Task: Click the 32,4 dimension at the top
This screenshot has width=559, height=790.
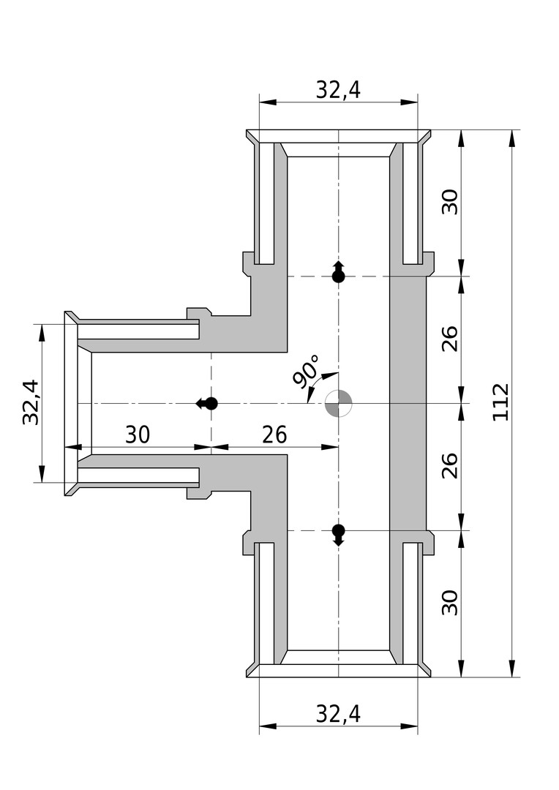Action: (x=338, y=89)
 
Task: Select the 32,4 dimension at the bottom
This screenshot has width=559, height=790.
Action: (x=338, y=713)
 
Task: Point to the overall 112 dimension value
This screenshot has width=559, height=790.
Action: (x=501, y=402)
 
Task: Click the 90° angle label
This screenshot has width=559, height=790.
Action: (x=307, y=370)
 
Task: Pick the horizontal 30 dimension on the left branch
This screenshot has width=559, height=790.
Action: (x=137, y=434)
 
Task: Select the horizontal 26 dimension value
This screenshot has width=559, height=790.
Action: (x=274, y=434)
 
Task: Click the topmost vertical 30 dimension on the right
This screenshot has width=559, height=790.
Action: (x=451, y=202)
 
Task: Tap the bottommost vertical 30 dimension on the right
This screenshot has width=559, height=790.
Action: (x=451, y=603)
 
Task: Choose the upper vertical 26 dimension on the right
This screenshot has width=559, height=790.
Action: (x=451, y=338)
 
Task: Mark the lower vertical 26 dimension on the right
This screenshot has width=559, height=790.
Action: (x=451, y=466)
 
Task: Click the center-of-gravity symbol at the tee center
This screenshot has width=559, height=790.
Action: (x=339, y=403)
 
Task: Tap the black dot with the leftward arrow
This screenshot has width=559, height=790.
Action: (x=211, y=403)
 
